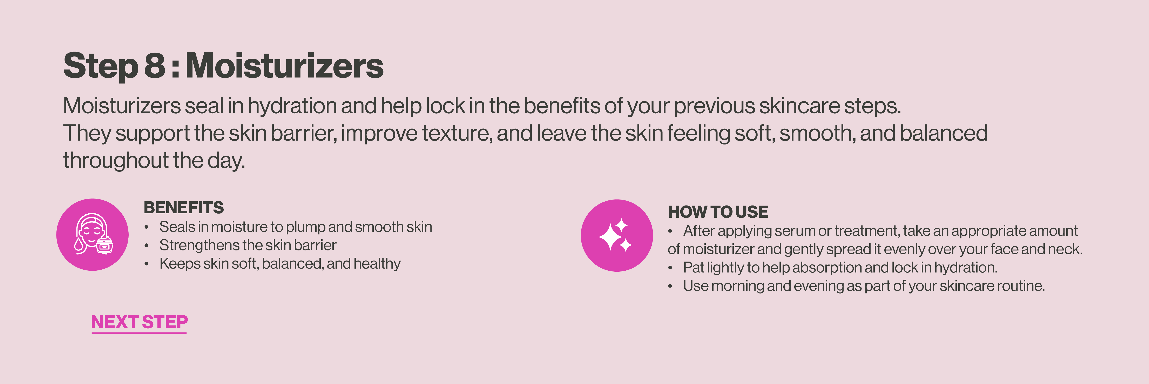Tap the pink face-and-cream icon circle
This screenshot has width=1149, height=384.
point(92,235)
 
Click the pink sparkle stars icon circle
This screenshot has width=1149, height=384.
point(617,235)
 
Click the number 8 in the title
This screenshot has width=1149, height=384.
point(155,66)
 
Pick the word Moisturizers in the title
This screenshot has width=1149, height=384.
point(284,66)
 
